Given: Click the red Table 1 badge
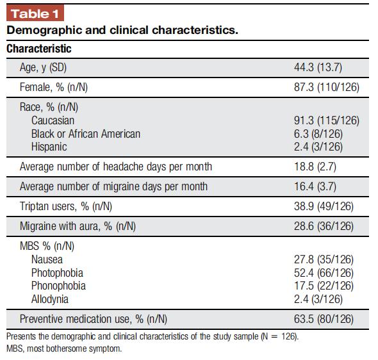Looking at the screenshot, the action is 35,13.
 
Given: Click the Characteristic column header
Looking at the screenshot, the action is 39,49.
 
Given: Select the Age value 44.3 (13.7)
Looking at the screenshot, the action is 318,67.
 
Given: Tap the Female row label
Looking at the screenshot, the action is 54,87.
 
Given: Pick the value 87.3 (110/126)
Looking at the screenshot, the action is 327,87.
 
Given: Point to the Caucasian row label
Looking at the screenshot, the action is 53,120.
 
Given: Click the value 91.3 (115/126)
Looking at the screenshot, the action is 327,120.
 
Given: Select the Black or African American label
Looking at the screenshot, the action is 86,134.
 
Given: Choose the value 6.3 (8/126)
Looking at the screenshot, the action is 318,134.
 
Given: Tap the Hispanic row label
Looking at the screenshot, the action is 49,147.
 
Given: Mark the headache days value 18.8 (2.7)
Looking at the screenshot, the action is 315,167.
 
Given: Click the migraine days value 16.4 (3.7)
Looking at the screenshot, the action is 315,186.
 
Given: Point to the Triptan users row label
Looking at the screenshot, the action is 66,206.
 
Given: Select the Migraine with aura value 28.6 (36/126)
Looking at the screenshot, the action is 324,226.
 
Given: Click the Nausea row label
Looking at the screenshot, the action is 47,259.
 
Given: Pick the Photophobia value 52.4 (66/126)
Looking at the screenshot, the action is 324,273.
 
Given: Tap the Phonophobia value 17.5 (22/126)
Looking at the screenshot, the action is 324,286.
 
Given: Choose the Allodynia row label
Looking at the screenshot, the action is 50,299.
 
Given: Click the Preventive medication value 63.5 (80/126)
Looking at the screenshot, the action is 324,319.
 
